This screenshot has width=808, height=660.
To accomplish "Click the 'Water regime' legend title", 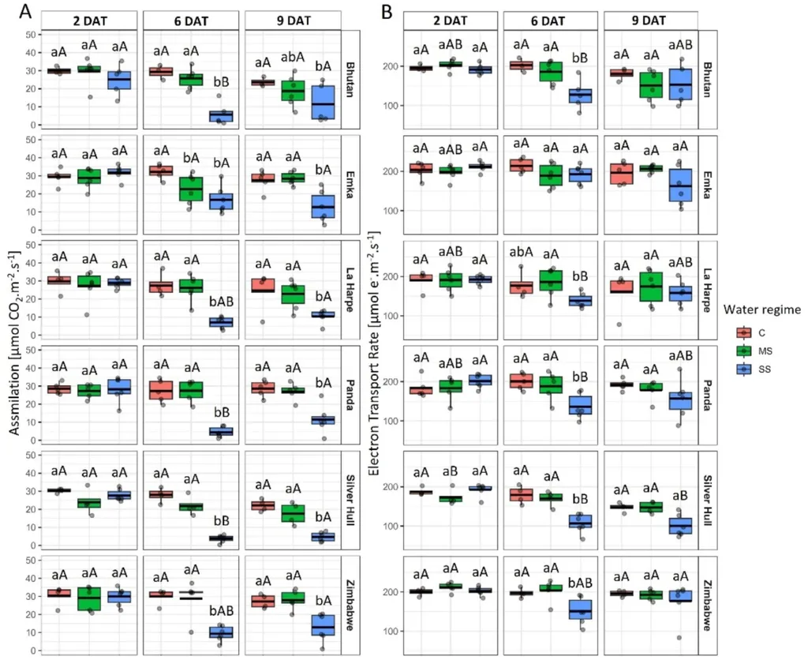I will (x=763, y=308).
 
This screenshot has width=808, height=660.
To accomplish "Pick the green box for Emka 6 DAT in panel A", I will (x=190, y=189).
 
